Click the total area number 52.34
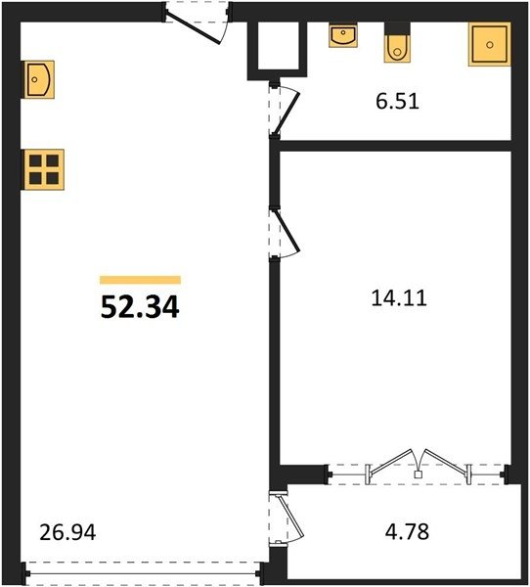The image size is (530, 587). point(140,307)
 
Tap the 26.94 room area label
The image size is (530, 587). point(67,532)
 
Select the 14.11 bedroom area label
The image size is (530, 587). point(399,298)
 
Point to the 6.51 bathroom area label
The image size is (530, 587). point(397,101)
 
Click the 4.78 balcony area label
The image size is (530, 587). point(407,531)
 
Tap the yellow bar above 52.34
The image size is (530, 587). point(141,280)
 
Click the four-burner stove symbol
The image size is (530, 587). point(44,169)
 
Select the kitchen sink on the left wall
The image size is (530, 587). point(39,79)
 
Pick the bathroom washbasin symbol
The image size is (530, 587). point(343,35)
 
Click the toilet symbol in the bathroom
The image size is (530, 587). point(397,43)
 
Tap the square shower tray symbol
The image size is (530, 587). point(490,44)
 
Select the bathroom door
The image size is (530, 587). point(285,111)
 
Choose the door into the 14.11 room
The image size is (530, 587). point(285,233)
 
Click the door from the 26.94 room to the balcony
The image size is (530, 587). point(286,519)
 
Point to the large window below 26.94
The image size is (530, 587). point(143,573)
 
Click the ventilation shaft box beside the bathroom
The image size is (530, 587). point(278,50)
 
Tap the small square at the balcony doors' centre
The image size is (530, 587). point(419,474)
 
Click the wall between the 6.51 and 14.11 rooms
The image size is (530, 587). point(395,146)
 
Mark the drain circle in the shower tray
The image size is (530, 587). point(490,45)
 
